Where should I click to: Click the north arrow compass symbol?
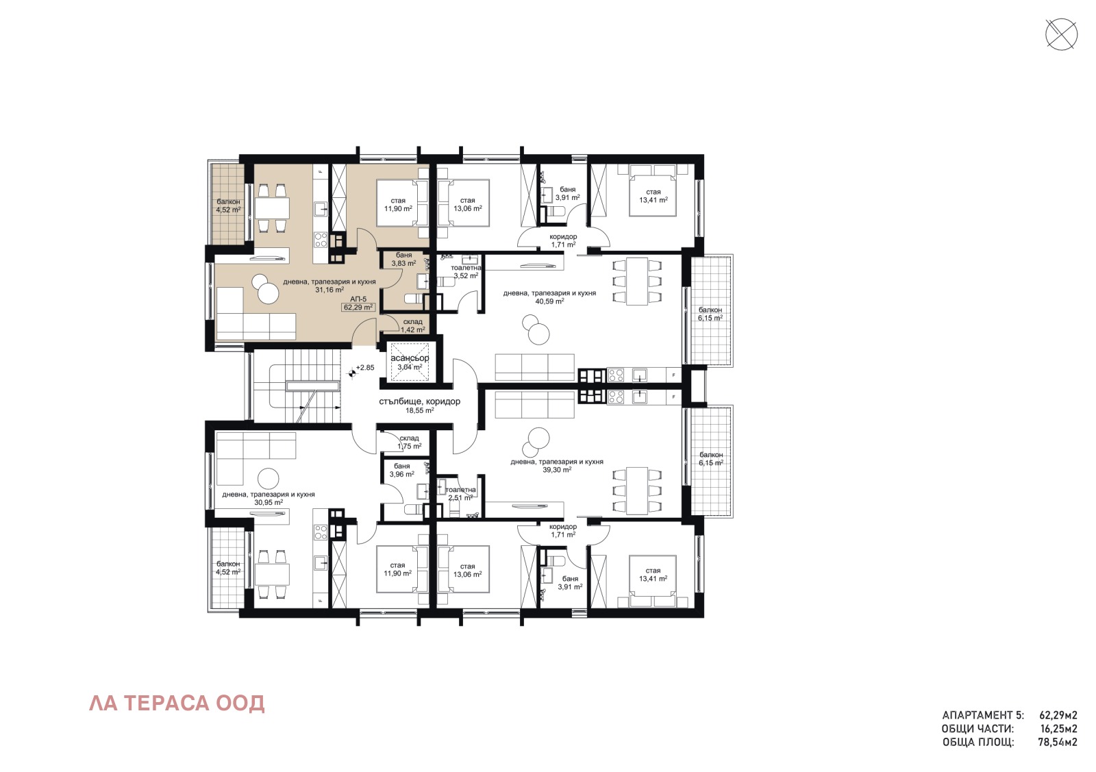[1061, 34]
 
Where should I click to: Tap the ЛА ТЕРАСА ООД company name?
[177, 703]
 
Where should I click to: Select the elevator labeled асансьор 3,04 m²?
[410, 362]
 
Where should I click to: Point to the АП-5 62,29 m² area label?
[358, 303]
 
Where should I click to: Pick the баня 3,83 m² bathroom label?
[403, 259]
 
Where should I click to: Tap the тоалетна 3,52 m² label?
[466, 272]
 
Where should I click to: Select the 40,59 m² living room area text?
[549, 301]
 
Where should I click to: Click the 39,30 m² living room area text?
[557, 470]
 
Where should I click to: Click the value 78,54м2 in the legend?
[1058, 742]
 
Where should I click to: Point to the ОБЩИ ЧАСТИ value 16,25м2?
[1058, 729]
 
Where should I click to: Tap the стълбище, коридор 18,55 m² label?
[419, 406]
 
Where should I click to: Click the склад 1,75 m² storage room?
[409, 442]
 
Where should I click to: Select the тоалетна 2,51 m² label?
[460, 493]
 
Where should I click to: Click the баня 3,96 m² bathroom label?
[401, 470]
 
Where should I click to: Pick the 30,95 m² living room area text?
[268, 502]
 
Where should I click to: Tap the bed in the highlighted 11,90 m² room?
[401, 203]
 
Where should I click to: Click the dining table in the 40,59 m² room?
[637, 281]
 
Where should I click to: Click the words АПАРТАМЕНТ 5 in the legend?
[982, 715]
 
